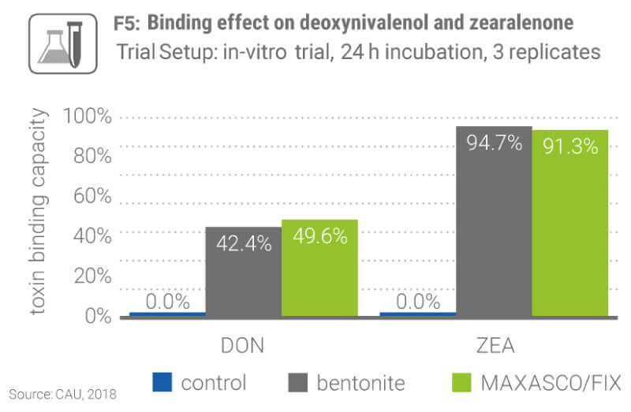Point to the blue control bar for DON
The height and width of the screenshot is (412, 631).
coord(167,314)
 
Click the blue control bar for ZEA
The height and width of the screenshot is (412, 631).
coord(418,314)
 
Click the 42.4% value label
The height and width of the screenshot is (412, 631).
coord(244,243)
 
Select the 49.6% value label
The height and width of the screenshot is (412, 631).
coord(319,236)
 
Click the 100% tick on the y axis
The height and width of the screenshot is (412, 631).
coord(88,118)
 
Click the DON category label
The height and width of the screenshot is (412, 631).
coord(241,347)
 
